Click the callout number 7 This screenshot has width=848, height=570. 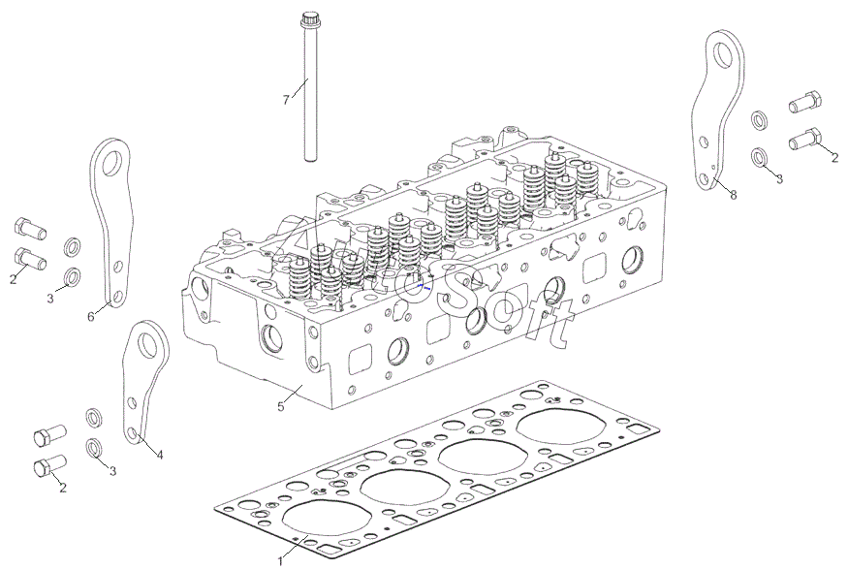pos(286,100)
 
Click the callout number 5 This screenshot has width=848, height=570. pos(281,407)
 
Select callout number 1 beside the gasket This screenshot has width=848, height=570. pos(281,560)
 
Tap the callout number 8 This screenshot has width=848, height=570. pos(734,195)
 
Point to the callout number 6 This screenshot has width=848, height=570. pos(91,316)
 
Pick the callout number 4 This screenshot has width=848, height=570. pos(160,455)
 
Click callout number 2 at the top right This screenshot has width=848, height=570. pos(834,158)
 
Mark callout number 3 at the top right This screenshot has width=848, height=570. pos(778,178)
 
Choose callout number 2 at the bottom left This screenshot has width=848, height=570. pos(63,488)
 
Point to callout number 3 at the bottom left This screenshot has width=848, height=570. pos(112,471)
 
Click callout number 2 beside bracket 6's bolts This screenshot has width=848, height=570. pos(14,279)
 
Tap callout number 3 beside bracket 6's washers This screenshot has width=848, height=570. pos(50,299)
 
